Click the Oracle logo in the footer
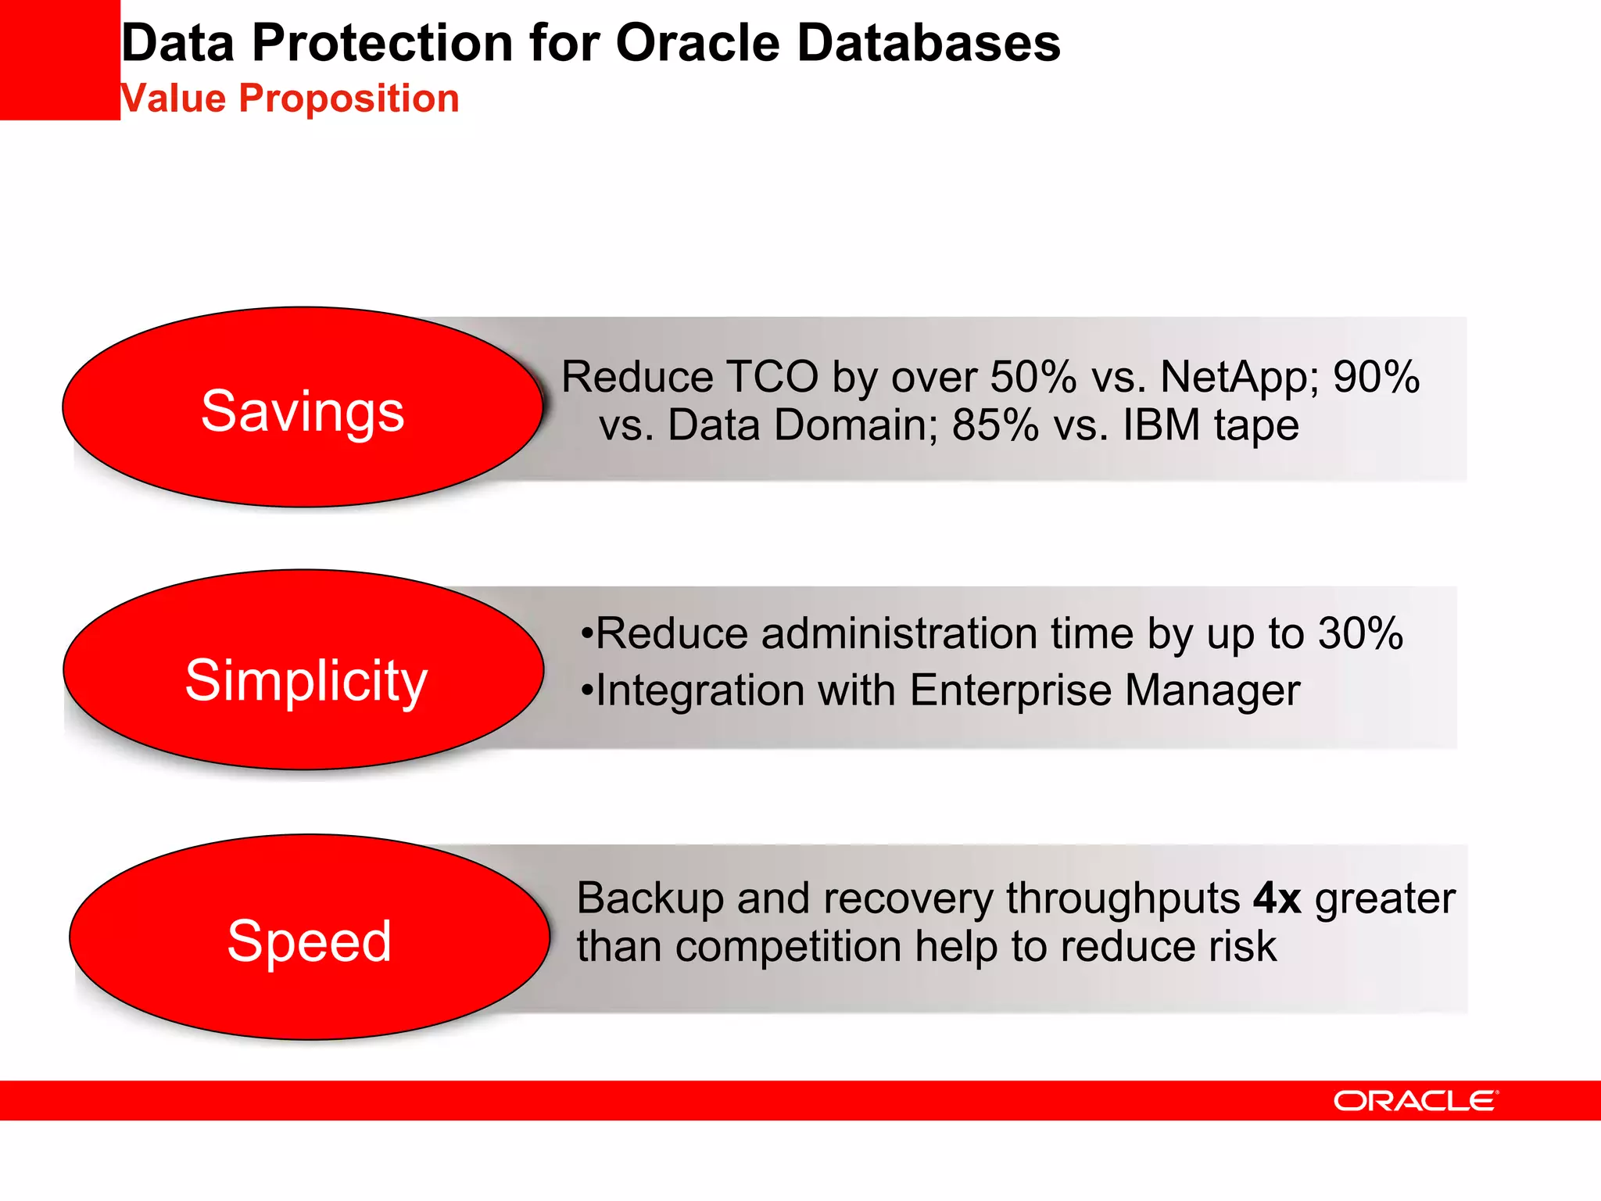tap(1415, 1101)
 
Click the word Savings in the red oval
tap(303, 410)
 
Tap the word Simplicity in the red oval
tap(306, 679)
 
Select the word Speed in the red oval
tap(309, 941)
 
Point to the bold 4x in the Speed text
tap(1277, 898)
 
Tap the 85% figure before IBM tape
tap(995, 425)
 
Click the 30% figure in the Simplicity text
tap(1360, 633)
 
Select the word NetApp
tap(1239, 377)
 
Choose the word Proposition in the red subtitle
tap(349, 99)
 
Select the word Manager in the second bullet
tap(1212, 691)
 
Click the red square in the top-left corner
tap(59, 59)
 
